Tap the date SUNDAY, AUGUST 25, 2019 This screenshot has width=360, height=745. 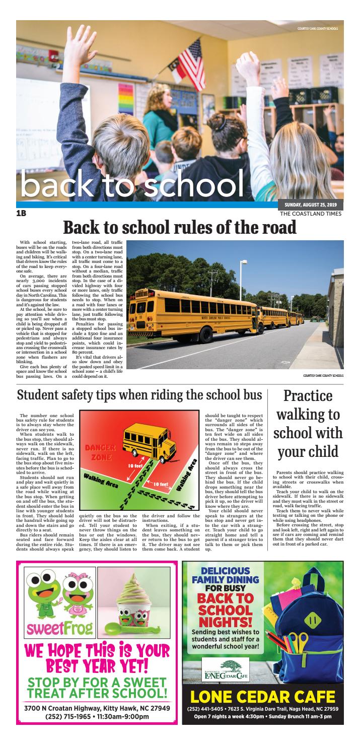click(310, 205)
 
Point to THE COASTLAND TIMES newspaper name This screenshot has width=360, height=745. click(311, 214)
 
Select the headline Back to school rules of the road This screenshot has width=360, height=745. click(179, 228)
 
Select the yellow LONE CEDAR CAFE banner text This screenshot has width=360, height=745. click(262, 697)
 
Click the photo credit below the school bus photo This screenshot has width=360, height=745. click(323, 375)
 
